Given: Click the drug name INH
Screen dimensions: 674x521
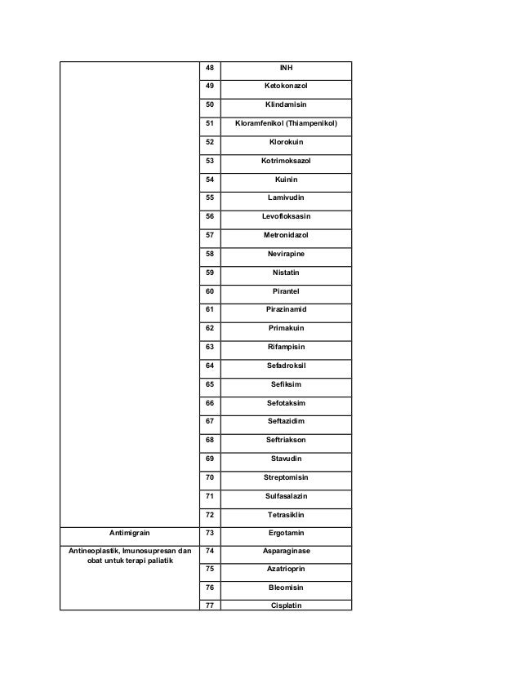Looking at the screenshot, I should click(x=285, y=68).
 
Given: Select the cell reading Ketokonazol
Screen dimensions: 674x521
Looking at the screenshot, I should click(x=285, y=86).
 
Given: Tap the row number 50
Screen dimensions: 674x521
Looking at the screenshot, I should click(x=210, y=105).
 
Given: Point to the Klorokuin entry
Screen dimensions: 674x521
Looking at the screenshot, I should click(x=285, y=142).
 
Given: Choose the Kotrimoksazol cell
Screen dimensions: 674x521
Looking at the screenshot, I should click(x=285, y=161).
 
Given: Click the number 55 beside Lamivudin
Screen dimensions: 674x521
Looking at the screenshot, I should click(x=210, y=198).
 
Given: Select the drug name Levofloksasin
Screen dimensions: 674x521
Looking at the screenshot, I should click(x=285, y=216).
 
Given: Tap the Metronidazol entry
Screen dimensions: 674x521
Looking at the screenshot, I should click(x=285, y=235).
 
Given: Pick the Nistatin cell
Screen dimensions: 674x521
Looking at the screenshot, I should click(x=285, y=273).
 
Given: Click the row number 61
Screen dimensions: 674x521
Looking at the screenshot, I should click(x=210, y=310).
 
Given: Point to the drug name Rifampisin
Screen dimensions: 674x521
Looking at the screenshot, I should click(x=285, y=347).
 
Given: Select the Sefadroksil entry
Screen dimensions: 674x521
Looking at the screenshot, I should click(x=285, y=366).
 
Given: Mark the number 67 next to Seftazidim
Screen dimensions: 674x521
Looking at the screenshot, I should click(x=210, y=421).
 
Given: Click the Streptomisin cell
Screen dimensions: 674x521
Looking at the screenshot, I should click(x=285, y=477).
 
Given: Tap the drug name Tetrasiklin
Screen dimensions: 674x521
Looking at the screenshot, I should click(x=285, y=515).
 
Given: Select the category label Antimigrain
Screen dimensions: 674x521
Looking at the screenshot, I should click(x=127, y=533).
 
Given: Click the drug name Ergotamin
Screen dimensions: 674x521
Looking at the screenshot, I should click(x=285, y=533).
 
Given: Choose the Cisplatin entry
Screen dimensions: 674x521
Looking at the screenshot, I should click(x=285, y=605).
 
